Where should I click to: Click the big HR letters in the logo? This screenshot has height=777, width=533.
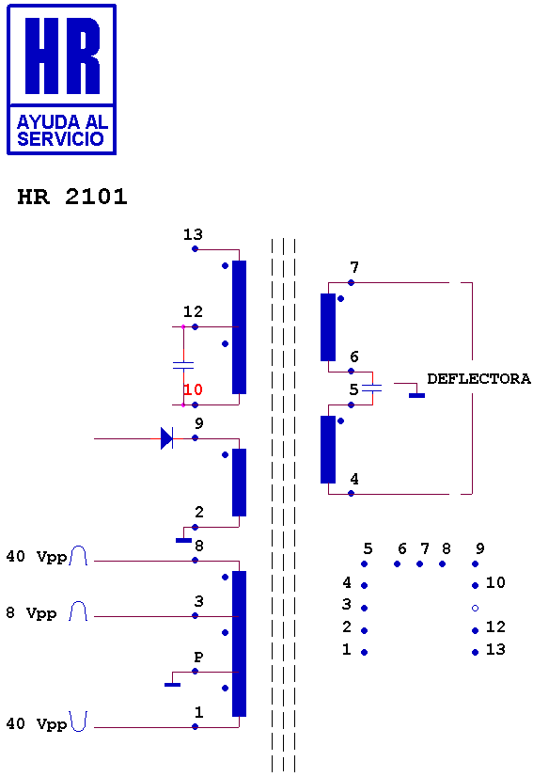coord(62,55)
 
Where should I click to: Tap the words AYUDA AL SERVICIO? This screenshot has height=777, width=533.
coord(62,131)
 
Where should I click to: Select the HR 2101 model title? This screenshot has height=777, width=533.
coord(72,197)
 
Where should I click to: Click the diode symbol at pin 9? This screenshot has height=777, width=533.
coord(167,438)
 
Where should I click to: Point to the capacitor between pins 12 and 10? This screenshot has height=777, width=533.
coord(183,366)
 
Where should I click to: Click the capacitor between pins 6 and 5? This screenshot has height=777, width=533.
coord(372,388)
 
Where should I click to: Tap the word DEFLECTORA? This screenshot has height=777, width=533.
coord(478,379)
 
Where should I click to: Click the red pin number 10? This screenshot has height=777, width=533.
coord(193,389)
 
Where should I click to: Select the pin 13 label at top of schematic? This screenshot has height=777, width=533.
coord(193,234)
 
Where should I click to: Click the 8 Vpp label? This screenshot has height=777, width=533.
coord(31,613)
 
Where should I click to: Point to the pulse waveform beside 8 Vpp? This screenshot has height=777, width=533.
coord(78,611)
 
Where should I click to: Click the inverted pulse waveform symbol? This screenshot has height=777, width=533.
coord(78,721)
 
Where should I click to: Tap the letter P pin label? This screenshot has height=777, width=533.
coord(198,658)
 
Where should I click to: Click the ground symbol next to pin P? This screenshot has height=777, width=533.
coord(172,684)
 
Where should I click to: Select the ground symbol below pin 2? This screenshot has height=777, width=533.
coord(183,540)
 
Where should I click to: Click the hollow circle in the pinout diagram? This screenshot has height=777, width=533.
coord(475,608)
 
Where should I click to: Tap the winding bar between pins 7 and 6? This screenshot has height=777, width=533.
coord(328,327)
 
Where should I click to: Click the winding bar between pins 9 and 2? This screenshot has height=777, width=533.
coord(240,483)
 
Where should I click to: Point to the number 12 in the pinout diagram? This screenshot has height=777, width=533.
coord(495,626)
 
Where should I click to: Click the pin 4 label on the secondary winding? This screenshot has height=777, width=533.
coord(354,479)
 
